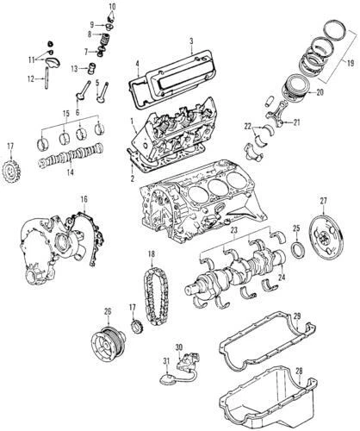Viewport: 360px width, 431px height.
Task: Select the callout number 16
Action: (84, 200)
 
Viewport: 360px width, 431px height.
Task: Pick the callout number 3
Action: (190, 41)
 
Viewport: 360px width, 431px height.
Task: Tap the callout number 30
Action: (179, 347)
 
